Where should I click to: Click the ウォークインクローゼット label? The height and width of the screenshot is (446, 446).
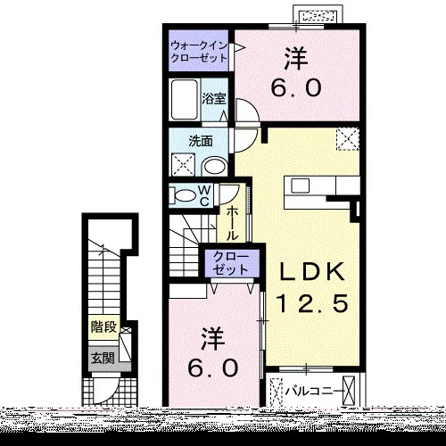tap(199, 52)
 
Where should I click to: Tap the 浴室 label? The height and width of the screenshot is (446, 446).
tap(214, 99)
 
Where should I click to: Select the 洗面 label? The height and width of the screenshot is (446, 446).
tap(201, 141)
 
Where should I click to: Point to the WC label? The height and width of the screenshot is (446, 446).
tap(204, 195)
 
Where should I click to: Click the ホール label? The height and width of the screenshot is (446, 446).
tap(232, 224)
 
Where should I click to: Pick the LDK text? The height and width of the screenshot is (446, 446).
tap(311, 272)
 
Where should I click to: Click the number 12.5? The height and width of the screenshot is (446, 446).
tap(312, 303)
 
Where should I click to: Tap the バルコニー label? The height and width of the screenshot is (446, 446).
tap(315, 391)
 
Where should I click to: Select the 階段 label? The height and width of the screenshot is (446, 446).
tap(103, 327)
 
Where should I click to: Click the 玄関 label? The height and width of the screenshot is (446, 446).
tap(103, 358)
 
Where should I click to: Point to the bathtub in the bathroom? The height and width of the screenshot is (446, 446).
tap(185, 100)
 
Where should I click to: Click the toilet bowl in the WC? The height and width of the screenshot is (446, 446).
tap(184, 196)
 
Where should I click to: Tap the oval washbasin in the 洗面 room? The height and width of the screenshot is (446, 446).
tap(215, 166)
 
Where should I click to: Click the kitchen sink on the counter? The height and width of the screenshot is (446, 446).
tap(301, 186)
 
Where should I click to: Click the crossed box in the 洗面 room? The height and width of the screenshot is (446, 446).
tap(183, 165)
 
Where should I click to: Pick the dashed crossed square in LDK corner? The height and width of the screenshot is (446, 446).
tap(348, 139)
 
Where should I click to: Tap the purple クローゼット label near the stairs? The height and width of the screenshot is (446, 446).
tap(231, 263)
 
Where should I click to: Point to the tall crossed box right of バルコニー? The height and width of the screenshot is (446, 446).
tap(349, 391)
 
